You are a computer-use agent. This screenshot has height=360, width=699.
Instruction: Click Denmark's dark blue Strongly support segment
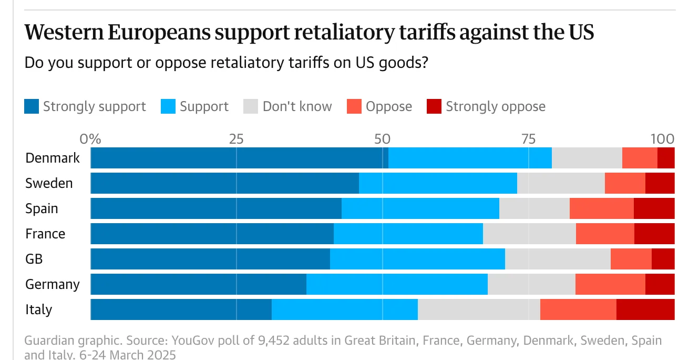click(x=239, y=158)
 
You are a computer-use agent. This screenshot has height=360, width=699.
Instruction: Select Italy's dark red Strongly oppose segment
click(x=645, y=309)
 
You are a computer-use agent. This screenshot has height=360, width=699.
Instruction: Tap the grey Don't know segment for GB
click(x=558, y=259)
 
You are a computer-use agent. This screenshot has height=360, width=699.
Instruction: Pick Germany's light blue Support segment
click(x=397, y=284)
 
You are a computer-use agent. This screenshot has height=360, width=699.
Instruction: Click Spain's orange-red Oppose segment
click(x=601, y=208)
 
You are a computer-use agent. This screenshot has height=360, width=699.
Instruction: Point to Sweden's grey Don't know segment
click(x=561, y=183)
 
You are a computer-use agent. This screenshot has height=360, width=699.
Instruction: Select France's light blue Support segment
click(x=408, y=234)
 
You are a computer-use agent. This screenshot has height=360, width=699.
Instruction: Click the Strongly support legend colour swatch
click(x=32, y=107)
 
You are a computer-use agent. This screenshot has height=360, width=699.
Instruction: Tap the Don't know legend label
click(x=297, y=107)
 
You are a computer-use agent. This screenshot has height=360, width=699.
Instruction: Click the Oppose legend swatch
click(x=354, y=107)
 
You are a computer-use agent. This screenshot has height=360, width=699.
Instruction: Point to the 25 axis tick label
click(x=236, y=139)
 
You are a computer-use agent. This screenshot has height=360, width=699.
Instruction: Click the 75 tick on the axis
click(x=528, y=139)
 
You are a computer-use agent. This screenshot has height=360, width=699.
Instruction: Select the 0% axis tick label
click(x=90, y=139)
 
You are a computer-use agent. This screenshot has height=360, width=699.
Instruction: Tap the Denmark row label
click(x=53, y=158)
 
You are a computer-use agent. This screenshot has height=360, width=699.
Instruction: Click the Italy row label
click(x=39, y=309)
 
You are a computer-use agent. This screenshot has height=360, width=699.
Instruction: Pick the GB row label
click(x=34, y=259)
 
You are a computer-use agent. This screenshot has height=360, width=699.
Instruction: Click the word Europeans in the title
click(x=157, y=33)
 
